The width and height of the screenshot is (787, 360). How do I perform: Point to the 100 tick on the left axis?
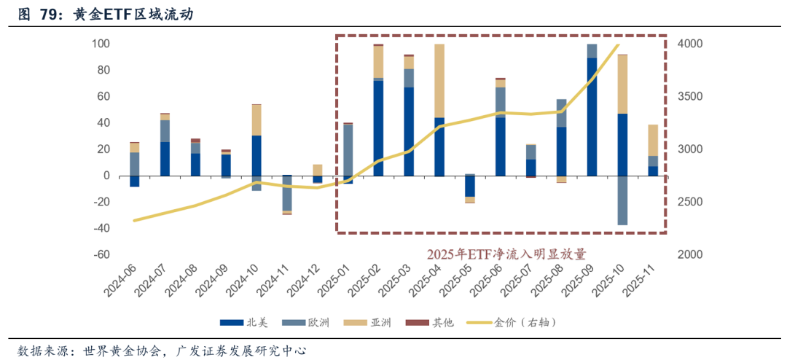[101, 44]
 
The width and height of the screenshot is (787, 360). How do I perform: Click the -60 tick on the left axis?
[101, 254]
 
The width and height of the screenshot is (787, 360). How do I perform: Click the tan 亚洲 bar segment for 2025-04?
[439, 80]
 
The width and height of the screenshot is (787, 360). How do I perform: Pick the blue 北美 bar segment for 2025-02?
[378, 128]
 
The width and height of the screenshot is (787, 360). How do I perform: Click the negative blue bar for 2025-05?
[470, 186]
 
